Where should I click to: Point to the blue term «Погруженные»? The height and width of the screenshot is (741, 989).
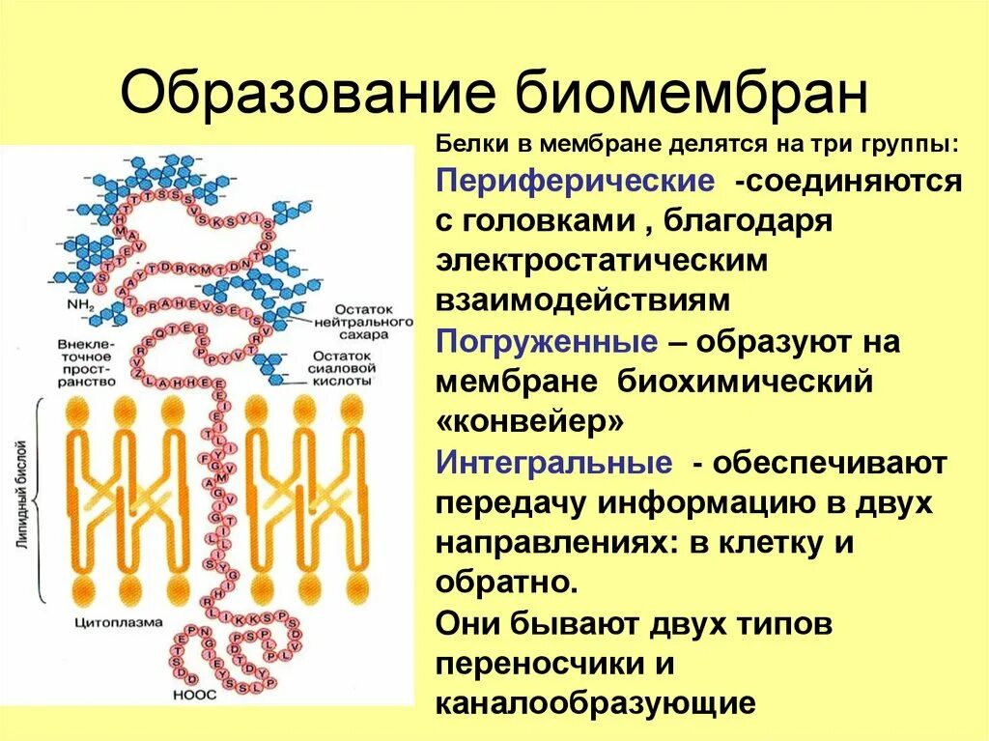(547, 342)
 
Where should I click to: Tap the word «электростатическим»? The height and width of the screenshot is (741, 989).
(603, 262)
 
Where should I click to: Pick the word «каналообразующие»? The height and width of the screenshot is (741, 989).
(594, 702)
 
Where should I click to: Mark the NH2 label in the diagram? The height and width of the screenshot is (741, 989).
(79, 307)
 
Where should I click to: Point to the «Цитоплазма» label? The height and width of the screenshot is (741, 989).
(119, 623)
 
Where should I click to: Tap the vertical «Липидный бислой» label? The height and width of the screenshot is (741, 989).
(22, 500)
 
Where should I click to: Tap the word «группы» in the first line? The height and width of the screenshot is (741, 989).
(913, 143)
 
